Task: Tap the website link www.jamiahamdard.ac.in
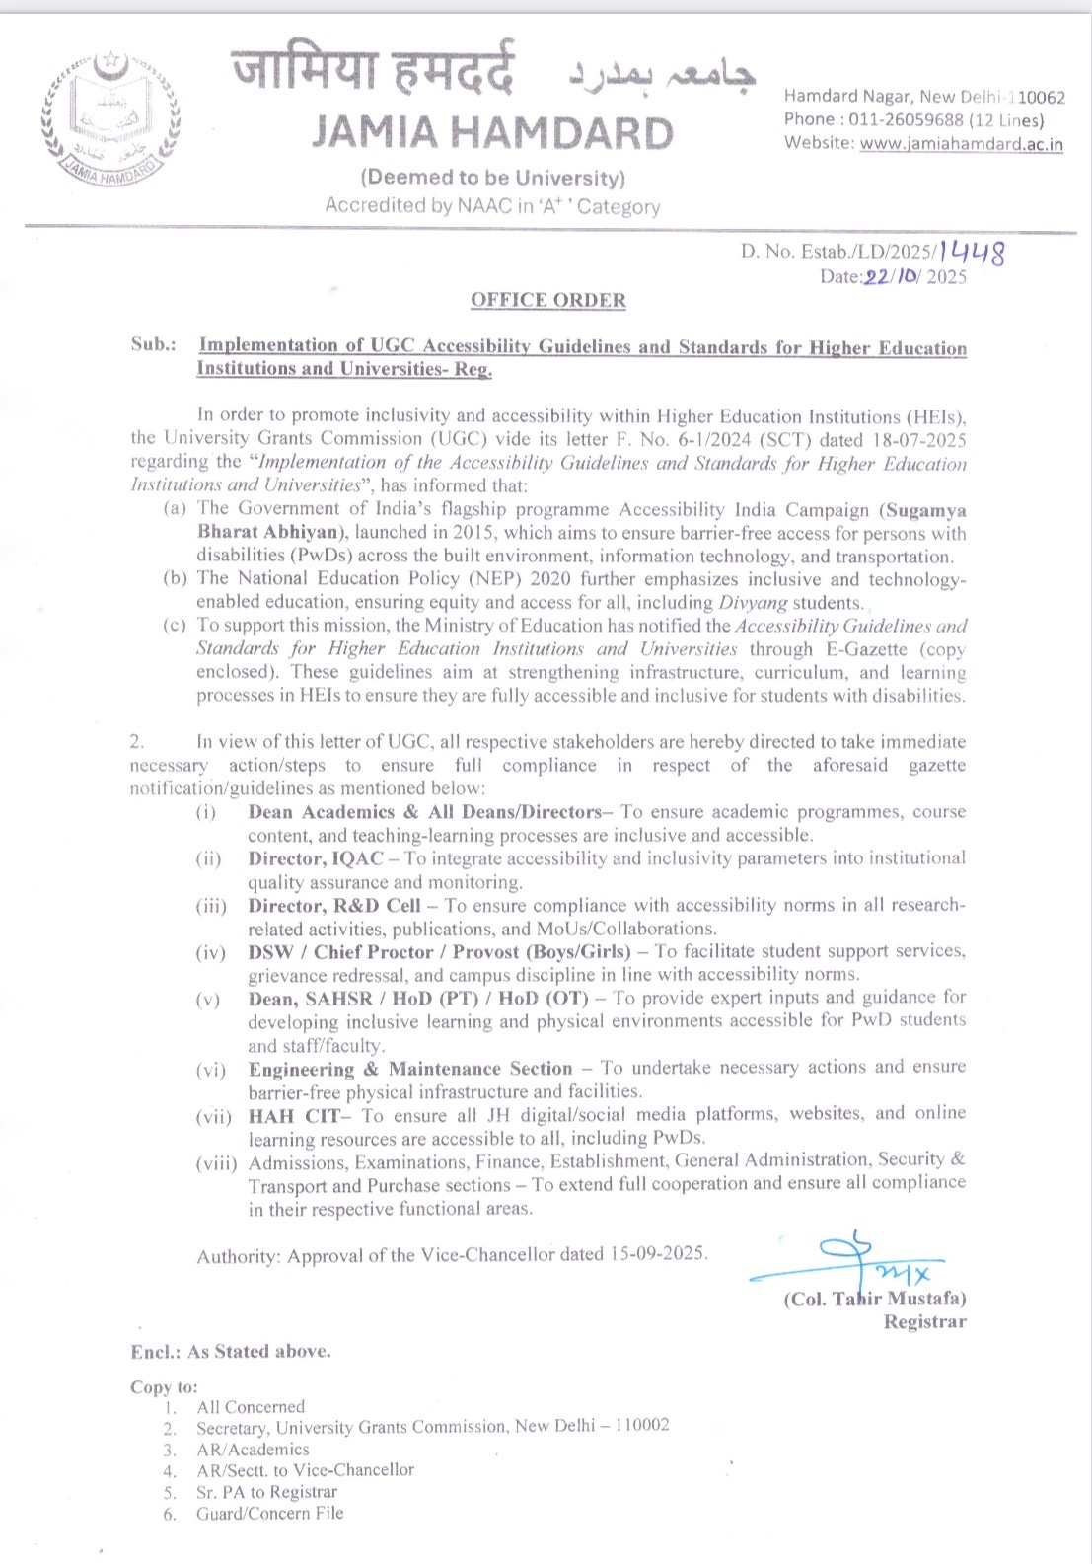pyautogui.click(x=961, y=144)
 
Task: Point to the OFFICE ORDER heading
pyautogui.click(x=547, y=300)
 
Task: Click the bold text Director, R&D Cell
pyautogui.click(x=334, y=905)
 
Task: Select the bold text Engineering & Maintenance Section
pyautogui.click(x=409, y=1069)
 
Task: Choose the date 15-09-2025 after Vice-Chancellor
pyautogui.click(x=657, y=1254)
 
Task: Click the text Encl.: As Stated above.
pyautogui.click(x=231, y=1352)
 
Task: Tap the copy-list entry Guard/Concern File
pyautogui.click(x=269, y=1514)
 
